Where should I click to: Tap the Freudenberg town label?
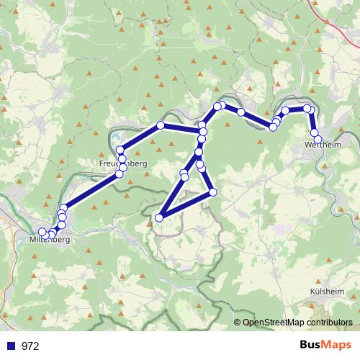coord(122,164)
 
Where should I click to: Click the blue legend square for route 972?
coord(12,346)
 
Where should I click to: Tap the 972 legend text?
coord(30,346)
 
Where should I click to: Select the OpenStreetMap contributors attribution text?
coord(297,323)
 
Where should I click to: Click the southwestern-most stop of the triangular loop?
coord(159,217)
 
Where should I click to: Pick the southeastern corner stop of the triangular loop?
coord(212,192)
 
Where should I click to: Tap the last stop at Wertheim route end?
coord(318,140)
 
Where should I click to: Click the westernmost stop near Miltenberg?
coord(42,232)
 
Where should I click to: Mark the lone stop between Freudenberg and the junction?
coord(161,125)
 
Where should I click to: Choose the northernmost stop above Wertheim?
coord(307,108)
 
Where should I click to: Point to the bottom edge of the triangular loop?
coord(186,205)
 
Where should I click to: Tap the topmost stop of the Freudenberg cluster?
coord(120,150)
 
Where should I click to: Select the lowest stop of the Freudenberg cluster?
coord(120,174)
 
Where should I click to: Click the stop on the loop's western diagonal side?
coord(184,176)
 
